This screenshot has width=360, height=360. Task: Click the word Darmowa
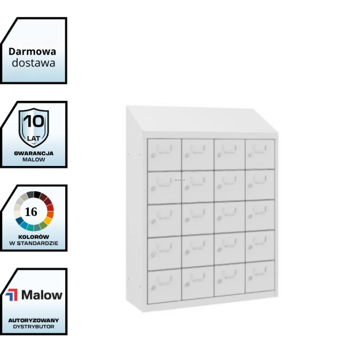[x=32, y=51]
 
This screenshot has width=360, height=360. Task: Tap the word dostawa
[x=34, y=63]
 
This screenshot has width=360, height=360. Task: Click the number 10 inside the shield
[x=34, y=121]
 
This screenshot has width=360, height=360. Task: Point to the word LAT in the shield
[x=34, y=138]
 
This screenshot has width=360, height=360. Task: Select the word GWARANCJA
[x=34, y=154]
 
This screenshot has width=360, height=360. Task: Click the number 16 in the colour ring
[x=31, y=212]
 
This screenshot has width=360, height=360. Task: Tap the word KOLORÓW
[x=34, y=237]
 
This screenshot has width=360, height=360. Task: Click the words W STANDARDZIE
[x=34, y=243]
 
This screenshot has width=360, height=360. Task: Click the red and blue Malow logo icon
[x=12, y=295]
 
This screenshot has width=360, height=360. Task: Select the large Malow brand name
[x=42, y=295]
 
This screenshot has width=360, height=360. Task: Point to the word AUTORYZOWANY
[x=34, y=320]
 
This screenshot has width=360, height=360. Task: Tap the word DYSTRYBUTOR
[x=34, y=326]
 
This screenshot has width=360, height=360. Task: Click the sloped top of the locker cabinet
[x=202, y=120]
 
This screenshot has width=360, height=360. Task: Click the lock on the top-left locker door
[x=153, y=156]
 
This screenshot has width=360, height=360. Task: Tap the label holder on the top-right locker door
[x=260, y=149]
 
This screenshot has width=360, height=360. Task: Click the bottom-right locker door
[x=260, y=276]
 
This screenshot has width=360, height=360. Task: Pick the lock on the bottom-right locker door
[x=250, y=278]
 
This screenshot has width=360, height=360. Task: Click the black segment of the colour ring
[x=37, y=194]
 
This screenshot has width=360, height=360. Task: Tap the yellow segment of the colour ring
[x=48, y=220]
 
